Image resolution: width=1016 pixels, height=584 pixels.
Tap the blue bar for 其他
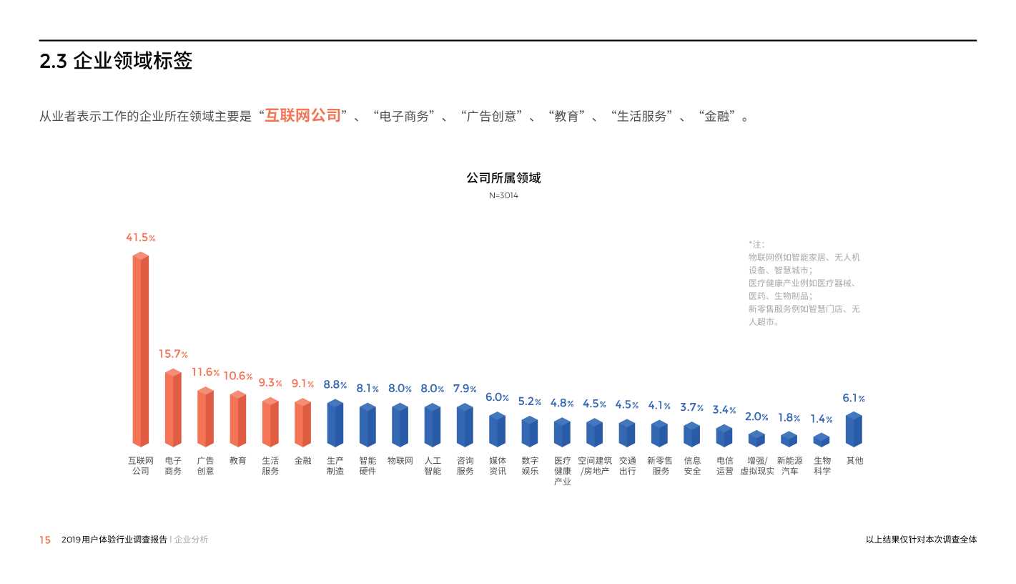coord(854,429)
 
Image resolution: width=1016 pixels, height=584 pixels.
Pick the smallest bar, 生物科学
coord(822,440)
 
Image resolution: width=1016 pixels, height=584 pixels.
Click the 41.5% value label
coord(140,238)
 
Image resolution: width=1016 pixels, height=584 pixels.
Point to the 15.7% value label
coord(173,354)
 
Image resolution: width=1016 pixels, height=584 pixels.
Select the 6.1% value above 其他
coord(854,399)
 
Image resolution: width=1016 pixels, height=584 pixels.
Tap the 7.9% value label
coord(465,389)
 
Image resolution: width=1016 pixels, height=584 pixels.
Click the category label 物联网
coord(400,461)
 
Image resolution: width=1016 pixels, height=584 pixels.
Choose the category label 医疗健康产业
coord(562,471)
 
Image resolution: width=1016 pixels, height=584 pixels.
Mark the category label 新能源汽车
coord(789,466)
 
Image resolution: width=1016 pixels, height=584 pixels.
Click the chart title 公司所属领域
coord(503,178)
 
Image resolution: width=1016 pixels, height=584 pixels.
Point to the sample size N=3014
coord(503,195)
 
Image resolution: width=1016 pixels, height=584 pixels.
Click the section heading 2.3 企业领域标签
coord(116,62)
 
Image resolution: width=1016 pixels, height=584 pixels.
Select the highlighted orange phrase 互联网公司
coord(302,116)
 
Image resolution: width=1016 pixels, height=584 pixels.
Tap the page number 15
coord(45,540)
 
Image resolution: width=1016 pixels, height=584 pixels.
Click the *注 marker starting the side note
coord(756,245)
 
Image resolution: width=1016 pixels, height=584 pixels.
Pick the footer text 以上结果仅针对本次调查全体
coord(921,540)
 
